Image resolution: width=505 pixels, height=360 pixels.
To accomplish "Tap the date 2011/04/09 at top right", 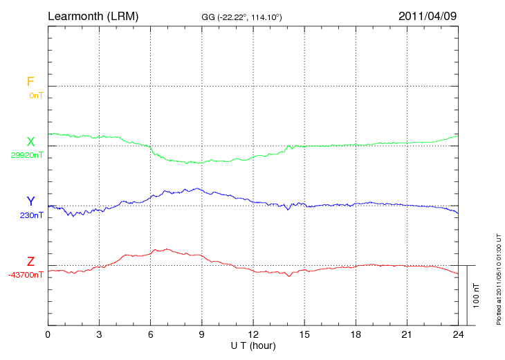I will pyautogui.click(x=428, y=15).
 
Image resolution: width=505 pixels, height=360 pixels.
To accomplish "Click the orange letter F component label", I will pyautogui.click(x=30, y=82).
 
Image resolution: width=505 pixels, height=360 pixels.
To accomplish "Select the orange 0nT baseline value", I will pyautogui.click(x=36, y=95).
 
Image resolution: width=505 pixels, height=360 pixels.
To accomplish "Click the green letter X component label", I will pyautogui.click(x=30, y=142).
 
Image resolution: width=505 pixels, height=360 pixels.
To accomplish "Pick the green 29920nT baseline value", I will pyautogui.click(x=27, y=155).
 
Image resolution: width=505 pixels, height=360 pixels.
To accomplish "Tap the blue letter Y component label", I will pyautogui.click(x=30, y=201).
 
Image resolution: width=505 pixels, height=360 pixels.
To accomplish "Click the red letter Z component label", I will pyautogui.click(x=30, y=262).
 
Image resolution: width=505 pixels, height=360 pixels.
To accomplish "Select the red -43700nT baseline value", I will pyautogui.click(x=26, y=275).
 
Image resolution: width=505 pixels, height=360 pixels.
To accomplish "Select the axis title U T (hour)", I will pyautogui.click(x=253, y=345).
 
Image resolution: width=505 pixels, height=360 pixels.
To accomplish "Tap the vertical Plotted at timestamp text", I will pyautogui.click(x=498, y=277).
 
